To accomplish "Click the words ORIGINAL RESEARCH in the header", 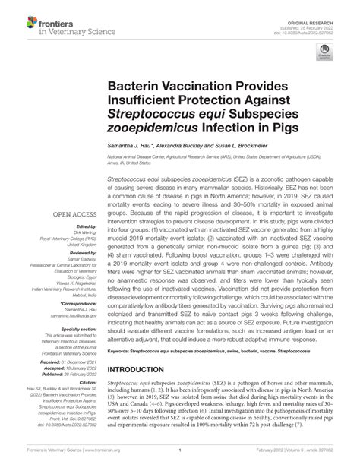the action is pyautogui.click(x=312, y=16).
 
